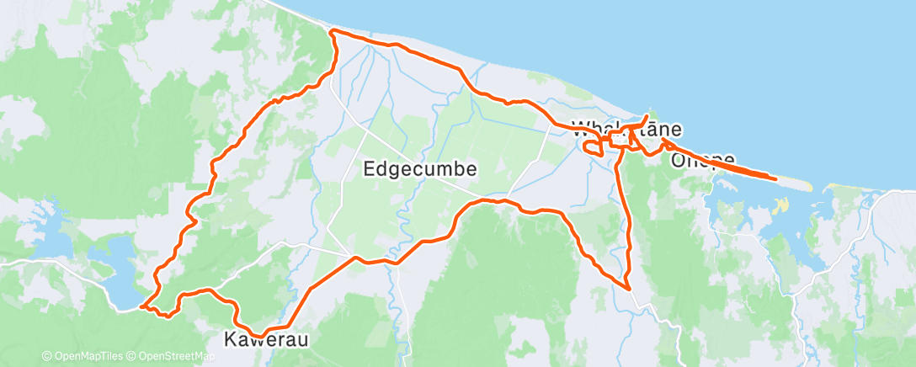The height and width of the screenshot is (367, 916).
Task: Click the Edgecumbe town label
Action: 420,168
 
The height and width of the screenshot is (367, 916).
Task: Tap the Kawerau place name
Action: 266,340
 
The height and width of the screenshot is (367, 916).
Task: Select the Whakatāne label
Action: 626,130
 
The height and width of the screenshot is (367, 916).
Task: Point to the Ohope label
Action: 703,159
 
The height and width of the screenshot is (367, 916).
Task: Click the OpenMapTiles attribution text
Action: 87,356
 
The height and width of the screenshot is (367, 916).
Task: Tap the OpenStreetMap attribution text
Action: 173,356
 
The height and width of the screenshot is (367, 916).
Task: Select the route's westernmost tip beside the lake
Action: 141,307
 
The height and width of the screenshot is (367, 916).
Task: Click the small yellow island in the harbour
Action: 784,204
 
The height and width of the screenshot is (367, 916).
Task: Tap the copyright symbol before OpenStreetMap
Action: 132,356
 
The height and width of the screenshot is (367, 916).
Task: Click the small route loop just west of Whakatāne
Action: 593,149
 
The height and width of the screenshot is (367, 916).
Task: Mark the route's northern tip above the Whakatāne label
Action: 647,115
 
